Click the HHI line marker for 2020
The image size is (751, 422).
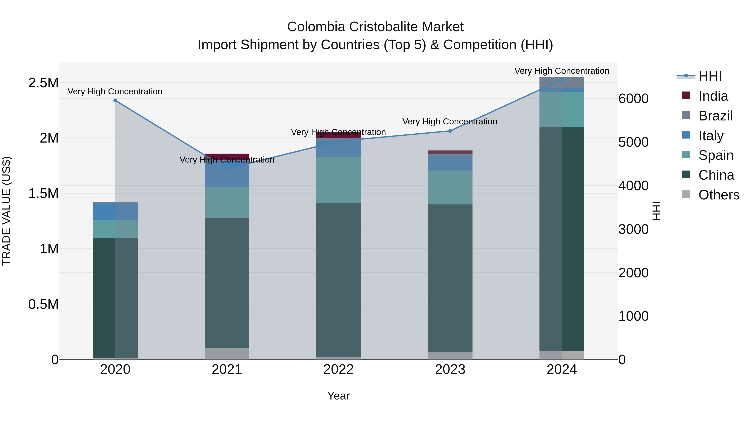[x=115, y=100]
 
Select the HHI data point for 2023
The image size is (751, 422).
[x=450, y=131]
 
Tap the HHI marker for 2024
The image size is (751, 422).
[x=562, y=80]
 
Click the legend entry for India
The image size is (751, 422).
[x=713, y=96]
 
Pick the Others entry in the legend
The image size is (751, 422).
[x=719, y=195]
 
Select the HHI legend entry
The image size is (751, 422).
[x=710, y=76]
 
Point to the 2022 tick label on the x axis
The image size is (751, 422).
[x=338, y=369]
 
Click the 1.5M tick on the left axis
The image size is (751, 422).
[x=43, y=194]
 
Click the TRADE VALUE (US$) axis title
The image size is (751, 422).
[x=6, y=211]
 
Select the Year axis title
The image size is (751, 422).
[x=338, y=396]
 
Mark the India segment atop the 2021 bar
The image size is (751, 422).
[x=227, y=156]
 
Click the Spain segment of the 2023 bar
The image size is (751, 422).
[x=450, y=187]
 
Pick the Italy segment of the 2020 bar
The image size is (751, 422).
[x=115, y=212]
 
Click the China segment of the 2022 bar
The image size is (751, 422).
[x=338, y=280]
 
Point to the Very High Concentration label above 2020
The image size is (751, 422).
[x=115, y=91]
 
